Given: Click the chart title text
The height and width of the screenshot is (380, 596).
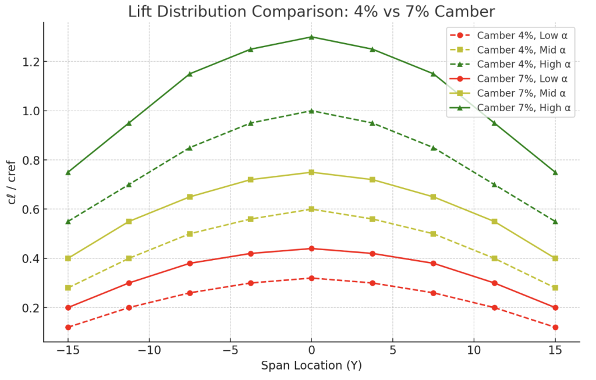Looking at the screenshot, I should point(311,11).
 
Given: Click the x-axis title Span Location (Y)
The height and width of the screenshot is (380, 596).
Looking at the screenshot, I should point(311,365).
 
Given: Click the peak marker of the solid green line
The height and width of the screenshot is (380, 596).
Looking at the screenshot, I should point(311,37).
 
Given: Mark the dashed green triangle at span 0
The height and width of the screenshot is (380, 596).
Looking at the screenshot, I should point(311,111).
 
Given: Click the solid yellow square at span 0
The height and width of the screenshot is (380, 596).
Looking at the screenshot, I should point(311,172).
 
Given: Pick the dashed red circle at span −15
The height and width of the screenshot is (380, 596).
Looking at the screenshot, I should point(68,327).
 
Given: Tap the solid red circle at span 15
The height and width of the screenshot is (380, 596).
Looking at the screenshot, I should point(555,307).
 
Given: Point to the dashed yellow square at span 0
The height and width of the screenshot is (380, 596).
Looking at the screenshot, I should point(311,209).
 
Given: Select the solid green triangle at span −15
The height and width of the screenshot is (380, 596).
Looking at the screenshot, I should point(68,172).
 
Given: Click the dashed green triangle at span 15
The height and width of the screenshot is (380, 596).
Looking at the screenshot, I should point(555,221).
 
